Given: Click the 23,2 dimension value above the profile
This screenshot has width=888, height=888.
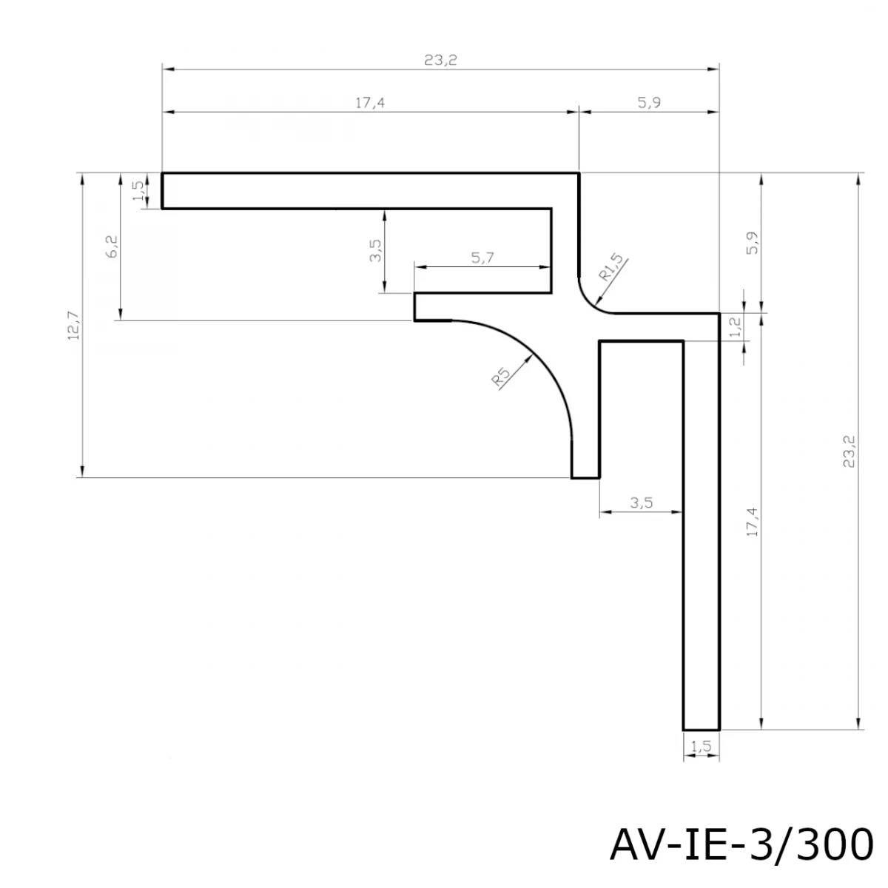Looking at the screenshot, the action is coord(440,61).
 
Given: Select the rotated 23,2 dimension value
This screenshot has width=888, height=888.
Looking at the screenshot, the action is coord(849,451).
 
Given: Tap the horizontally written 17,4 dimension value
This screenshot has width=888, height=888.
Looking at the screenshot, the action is coord(370,103).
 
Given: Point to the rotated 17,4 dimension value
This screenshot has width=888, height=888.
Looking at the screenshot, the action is coord(752,522).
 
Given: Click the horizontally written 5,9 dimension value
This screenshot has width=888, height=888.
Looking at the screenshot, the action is coord(649,102).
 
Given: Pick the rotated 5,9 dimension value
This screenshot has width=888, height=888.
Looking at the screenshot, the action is coord(752,243).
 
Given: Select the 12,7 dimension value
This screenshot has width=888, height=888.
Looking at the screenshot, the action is coord(74,326).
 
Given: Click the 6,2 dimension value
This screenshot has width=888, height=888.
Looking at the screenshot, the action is coord(112,246).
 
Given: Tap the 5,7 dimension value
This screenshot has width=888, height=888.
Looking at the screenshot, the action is coord(482,258).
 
